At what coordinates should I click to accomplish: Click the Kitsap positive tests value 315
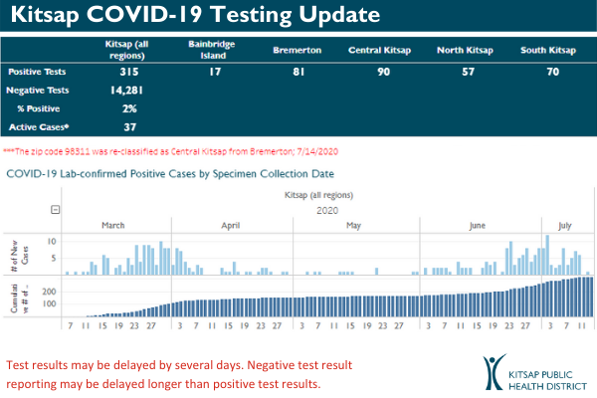click(126, 73)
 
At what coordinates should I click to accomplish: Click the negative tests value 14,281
click(126, 91)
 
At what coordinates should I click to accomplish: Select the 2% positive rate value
click(126, 108)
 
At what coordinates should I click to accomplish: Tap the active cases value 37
click(126, 126)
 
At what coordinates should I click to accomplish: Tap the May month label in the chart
click(353, 225)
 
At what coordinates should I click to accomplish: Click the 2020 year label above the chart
click(327, 210)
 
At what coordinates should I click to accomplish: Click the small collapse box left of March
click(56, 210)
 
